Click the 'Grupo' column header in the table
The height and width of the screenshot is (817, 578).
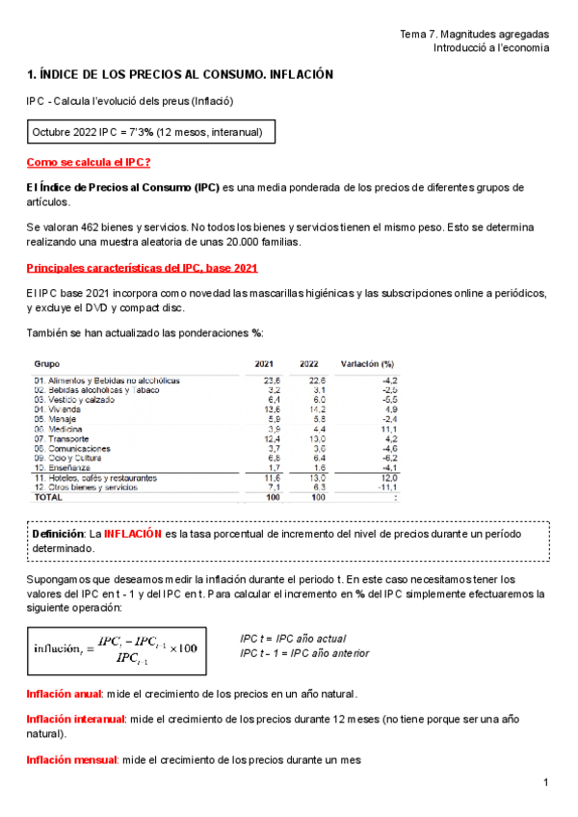[x=47, y=364]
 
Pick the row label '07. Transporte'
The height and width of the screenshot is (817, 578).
[x=62, y=438]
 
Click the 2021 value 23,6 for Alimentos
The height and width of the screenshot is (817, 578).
[x=272, y=381]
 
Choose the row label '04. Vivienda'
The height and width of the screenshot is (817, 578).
[x=58, y=409]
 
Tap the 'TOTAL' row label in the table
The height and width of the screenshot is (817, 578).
[x=48, y=498]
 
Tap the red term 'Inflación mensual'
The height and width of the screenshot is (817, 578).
[x=71, y=760]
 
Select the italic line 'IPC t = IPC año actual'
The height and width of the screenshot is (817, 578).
[x=293, y=639]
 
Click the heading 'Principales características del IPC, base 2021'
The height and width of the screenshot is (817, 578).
[x=142, y=267]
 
